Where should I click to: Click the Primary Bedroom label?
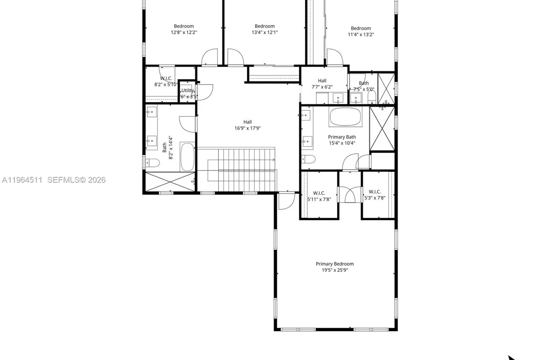[x=334, y=264]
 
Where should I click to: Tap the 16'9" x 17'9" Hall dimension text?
[x=247, y=128]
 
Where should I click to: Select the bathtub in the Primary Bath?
[x=345, y=117]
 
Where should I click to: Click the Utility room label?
[x=188, y=90]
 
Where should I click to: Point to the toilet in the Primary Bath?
[x=308, y=159]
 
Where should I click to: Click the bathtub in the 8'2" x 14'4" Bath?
[x=187, y=157]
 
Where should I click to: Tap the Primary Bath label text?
[x=342, y=137]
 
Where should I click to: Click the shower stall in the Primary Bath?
[x=382, y=129]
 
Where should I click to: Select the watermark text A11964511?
[x=22, y=180]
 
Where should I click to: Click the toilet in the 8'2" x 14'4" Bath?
[x=152, y=162]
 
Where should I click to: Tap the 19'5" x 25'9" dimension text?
[x=334, y=270]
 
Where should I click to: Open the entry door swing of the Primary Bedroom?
[x=284, y=201]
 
